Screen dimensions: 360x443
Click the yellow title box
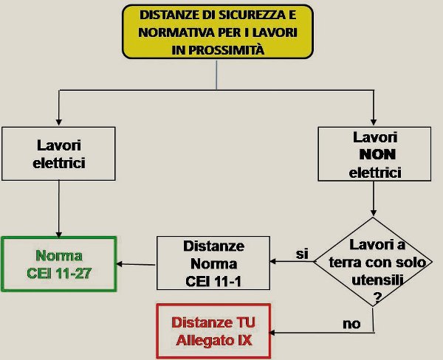(217, 32)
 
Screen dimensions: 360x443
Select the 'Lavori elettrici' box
(59, 153)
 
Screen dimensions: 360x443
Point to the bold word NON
(374, 156)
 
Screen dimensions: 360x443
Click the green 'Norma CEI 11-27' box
(58, 265)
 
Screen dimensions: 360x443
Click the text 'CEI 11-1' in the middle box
(211, 280)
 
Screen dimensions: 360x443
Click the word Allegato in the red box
(199, 340)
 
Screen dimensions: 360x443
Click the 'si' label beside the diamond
(301, 254)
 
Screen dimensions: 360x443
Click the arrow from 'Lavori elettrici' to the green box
(59, 209)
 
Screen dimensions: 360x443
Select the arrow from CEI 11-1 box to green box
(137, 264)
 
